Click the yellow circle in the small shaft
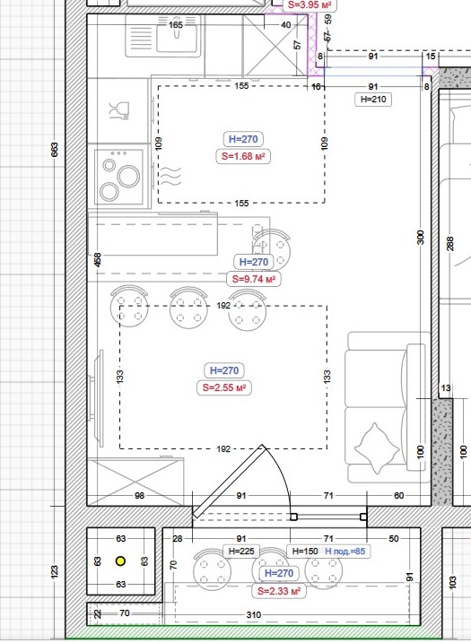[120, 561]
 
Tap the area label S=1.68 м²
[243, 156]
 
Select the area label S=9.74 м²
[254, 279]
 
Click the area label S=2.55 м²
[224, 387]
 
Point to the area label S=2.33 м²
[279, 591]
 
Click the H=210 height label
[373, 100]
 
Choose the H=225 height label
[241, 552]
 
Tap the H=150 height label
[305, 552]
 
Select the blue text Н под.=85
[345, 552]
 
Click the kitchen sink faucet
[177, 28]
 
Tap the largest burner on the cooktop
[128, 177]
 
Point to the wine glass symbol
[119, 110]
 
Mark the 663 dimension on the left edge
[55, 149]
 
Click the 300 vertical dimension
[421, 238]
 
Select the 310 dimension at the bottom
[254, 614]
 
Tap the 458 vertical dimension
[97, 260]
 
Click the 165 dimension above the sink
[176, 25]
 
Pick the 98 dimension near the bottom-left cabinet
[139, 496]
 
